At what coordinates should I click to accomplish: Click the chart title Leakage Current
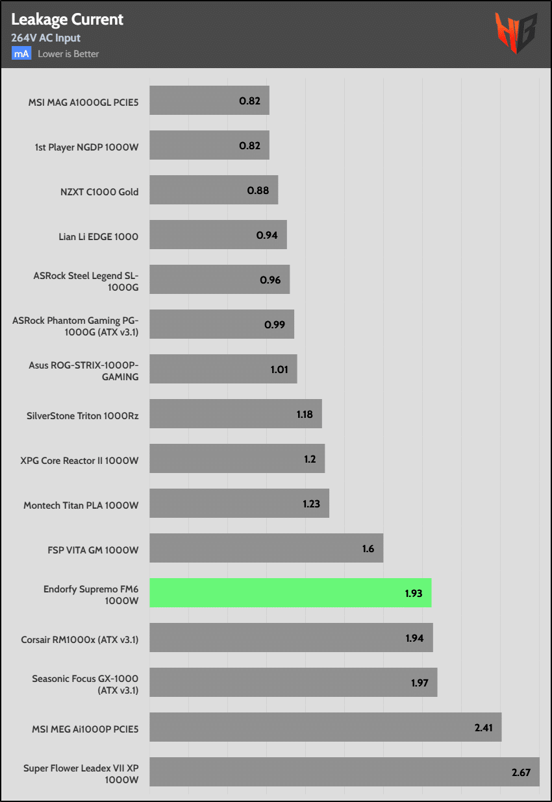pos(68,19)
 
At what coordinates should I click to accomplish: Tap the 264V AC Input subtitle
pos(45,38)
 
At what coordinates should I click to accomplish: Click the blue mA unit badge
pos(21,54)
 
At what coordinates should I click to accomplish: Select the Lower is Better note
pos(68,54)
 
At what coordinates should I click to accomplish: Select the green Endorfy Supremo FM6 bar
pos(290,592)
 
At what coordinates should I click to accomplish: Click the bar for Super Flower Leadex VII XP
pos(344,772)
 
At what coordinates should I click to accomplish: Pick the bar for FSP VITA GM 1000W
pos(266,548)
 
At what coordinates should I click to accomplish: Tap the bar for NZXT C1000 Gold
pos(214,189)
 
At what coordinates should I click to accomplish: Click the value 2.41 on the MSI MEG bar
pos(484,727)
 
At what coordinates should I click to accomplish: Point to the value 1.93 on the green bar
pos(414,593)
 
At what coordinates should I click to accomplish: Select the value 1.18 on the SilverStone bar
pos(304,414)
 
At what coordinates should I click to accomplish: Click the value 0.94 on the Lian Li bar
pos(267,235)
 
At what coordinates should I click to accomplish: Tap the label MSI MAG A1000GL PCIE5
pos(83,102)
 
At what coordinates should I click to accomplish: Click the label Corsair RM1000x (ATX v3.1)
pos(79,639)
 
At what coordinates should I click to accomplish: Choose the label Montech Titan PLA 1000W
pos(81,505)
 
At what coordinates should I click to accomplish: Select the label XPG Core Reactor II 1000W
pos(79,460)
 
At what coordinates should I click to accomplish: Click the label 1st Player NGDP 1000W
pos(86,147)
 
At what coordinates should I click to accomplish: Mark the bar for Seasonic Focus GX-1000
pos(293,682)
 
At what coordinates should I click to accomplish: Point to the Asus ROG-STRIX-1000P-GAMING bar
pos(223,369)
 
